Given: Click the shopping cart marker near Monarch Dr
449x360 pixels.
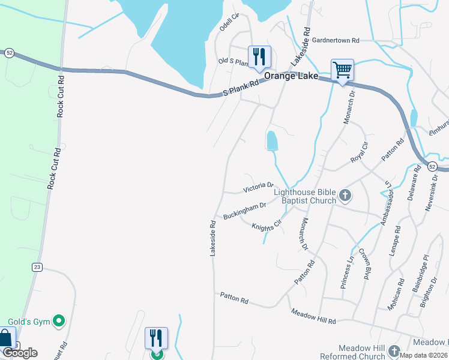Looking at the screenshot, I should [342, 70].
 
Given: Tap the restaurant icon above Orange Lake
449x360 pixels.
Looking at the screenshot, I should [259, 57].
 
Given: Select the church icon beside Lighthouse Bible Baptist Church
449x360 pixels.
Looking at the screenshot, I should [345, 195].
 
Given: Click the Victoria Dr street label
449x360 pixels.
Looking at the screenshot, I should [259, 188].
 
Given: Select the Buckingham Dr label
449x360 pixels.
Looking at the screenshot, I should [244, 211].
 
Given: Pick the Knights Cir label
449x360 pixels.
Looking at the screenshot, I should [267, 226].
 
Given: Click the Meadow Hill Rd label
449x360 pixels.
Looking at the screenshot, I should [313, 317].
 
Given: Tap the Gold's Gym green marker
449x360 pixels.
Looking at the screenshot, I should [59, 322].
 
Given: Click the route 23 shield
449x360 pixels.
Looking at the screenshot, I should [37, 267].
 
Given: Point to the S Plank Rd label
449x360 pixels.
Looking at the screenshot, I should [240, 89].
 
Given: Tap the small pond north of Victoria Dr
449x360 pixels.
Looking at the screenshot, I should [272, 141].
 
